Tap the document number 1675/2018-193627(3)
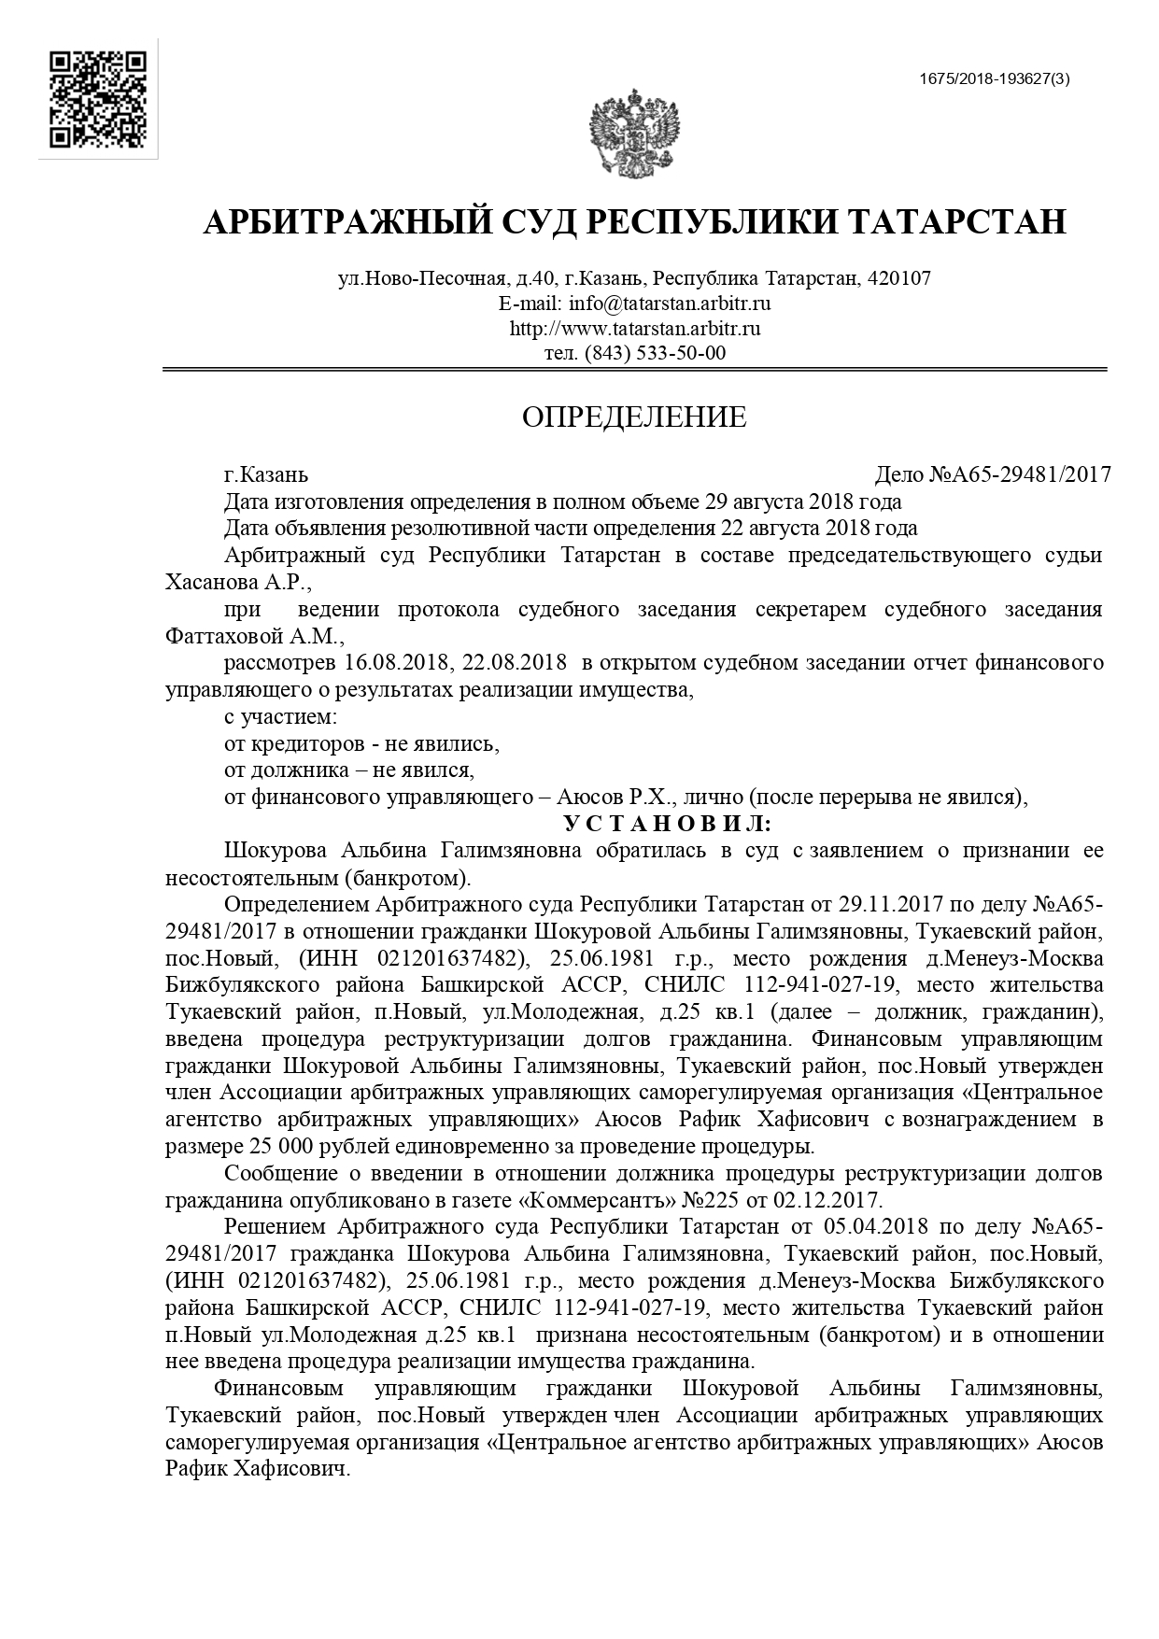(x=994, y=79)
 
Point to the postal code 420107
(x=899, y=278)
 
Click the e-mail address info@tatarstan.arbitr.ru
(x=669, y=304)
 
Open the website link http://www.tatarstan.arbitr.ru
(x=635, y=328)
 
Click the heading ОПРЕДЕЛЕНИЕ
(x=634, y=417)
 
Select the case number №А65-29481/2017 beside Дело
(x=1020, y=474)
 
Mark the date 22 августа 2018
(x=799, y=528)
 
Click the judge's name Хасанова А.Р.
(x=237, y=582)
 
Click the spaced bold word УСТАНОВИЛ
(x=667, y=824)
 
